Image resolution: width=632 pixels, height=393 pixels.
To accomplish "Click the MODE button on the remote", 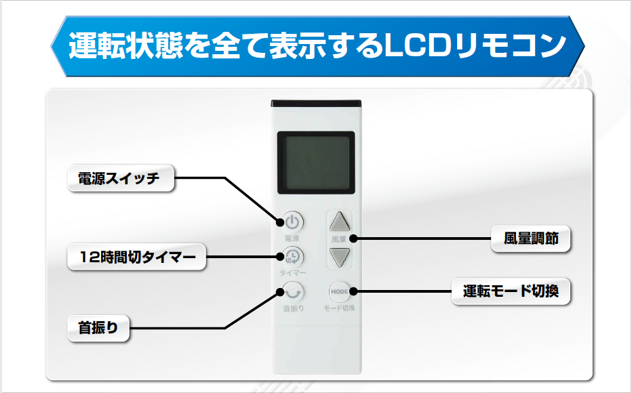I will pos(339,291).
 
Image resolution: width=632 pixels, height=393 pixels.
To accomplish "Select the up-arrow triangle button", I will pos(339,222).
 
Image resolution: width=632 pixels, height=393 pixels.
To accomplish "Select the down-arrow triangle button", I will pos(339,256).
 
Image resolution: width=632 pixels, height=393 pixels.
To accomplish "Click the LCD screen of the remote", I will pos(316,161).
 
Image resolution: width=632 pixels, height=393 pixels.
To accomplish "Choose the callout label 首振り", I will pos(98,329).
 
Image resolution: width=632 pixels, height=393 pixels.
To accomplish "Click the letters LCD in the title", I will pos(414,46).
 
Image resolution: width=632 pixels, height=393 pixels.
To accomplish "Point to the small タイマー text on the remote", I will pos(293,272).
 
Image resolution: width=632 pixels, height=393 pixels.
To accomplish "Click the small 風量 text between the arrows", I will pos(339,239).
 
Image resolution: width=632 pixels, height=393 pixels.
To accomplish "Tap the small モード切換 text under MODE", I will pos(339,308).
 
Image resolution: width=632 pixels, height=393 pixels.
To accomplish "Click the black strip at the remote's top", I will pos(315,104).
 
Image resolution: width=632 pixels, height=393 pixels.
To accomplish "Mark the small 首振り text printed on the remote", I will pos(293,308).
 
